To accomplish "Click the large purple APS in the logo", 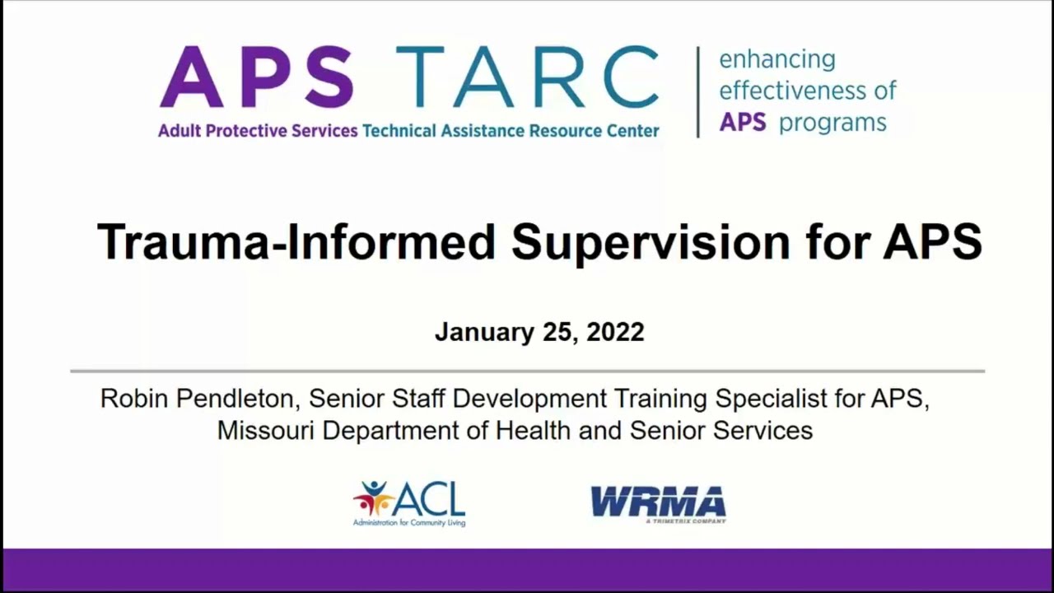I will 256,77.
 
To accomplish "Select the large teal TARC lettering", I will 527,77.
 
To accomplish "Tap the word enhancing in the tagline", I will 777,60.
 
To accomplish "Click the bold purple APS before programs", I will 743,123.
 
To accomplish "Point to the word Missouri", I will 266,430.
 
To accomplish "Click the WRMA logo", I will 658,504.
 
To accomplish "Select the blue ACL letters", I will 430,498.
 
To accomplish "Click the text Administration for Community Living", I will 409,522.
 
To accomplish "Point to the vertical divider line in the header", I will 698,91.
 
